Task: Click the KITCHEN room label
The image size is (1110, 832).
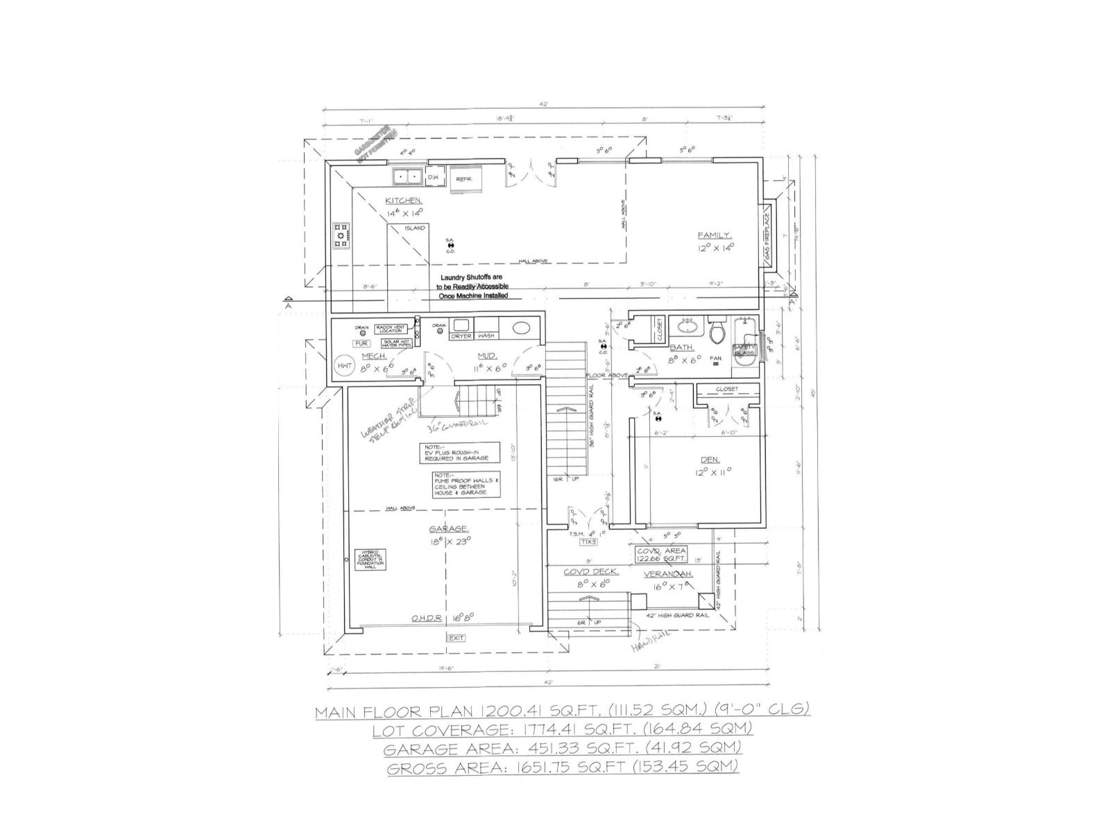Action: [x=404, y=201]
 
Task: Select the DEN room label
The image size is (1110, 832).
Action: [x=710, y=460]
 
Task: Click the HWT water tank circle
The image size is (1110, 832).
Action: [x=345, y=366]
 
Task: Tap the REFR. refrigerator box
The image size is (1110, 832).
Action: [x=464, y=179]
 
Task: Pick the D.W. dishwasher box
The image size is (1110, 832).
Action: [x=433, y=178]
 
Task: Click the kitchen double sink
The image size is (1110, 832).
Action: [x=407, y=177]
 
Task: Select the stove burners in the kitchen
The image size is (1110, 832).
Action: [x=341, y=236]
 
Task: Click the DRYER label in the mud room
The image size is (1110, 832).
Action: [x=461, y=336]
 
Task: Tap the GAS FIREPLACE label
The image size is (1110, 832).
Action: [x=767, y=238]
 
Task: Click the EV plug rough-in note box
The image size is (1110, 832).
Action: [x=459, y=453]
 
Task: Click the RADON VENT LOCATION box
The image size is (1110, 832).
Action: [x=394, y=329]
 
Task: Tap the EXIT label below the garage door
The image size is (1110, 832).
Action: [x=456, y=638]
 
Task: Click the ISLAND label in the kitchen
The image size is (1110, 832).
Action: [x=415, y=227]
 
